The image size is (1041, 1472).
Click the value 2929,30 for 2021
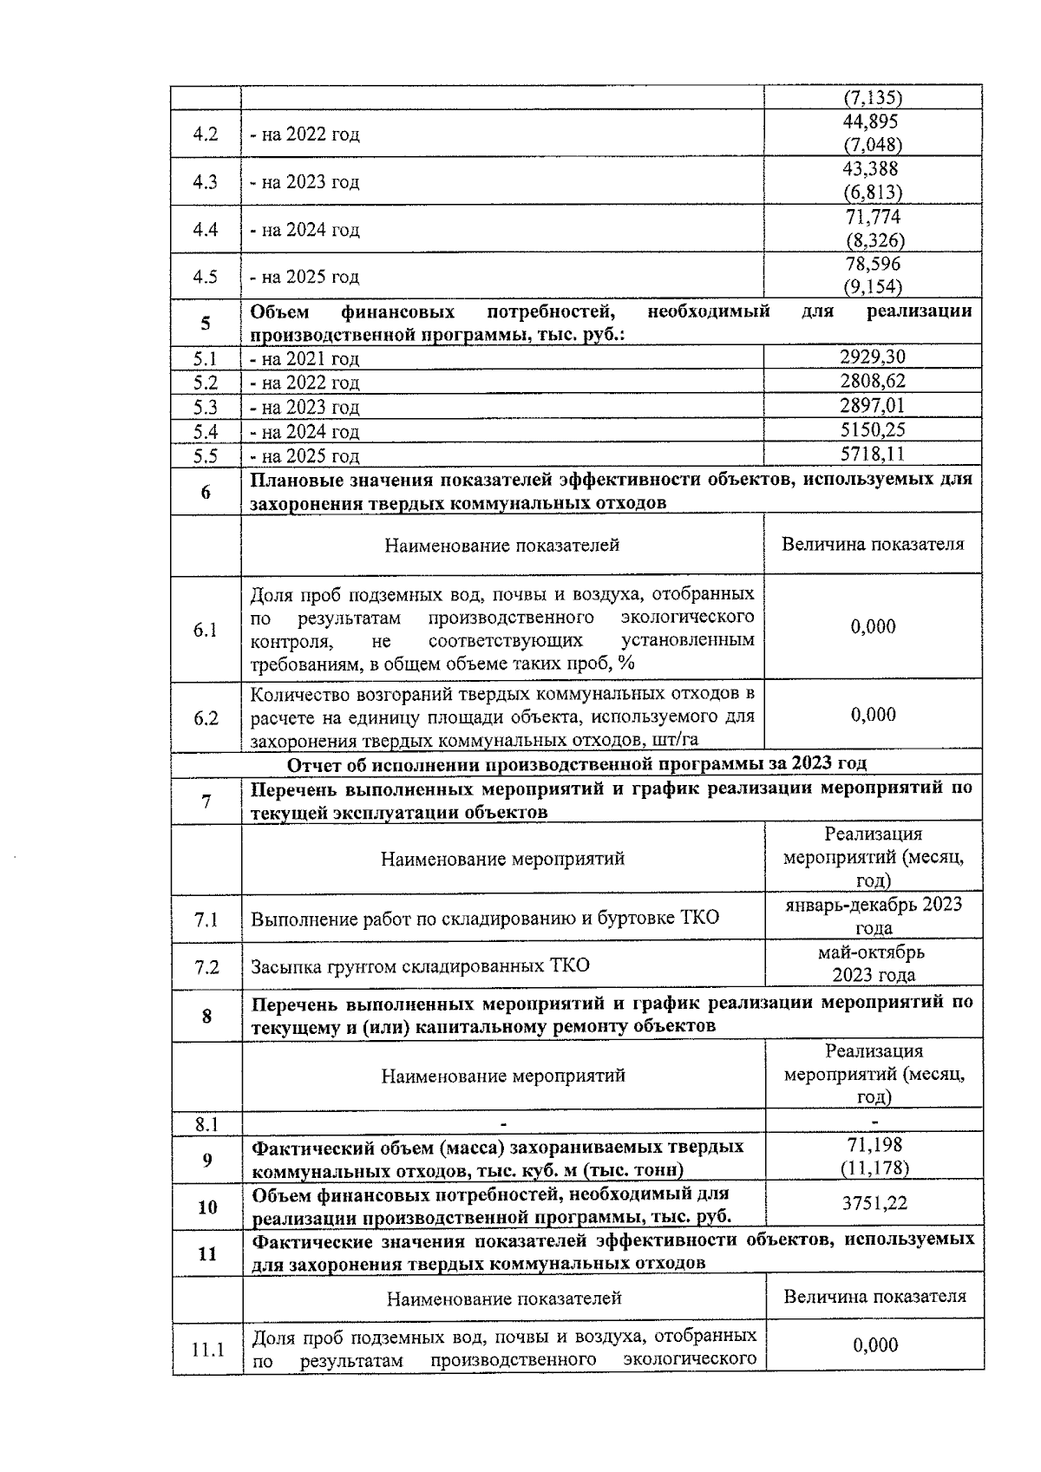click(873, 357)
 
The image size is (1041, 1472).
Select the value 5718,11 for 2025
click(873, 454)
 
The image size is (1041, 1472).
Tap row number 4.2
click(206, 134)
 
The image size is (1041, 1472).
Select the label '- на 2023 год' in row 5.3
click(304, 407)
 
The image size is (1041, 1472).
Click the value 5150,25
click(873, 429)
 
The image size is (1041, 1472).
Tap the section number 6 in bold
click(206, 492)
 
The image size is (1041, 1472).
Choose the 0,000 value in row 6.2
click(873, 714)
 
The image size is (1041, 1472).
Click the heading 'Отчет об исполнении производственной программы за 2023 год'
click(576, 763)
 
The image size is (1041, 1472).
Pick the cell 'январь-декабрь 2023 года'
click(873, 916)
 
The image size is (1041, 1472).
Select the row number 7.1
click(206, 919)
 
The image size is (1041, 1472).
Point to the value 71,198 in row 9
click(874, 1146)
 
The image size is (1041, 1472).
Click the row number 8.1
click(206, 1124)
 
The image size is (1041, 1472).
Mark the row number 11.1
click(207, 1350)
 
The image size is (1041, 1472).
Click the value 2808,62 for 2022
click(873, 381)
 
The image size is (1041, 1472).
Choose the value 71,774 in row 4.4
click(873, 217)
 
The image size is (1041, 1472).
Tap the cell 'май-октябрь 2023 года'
click(873, 963)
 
